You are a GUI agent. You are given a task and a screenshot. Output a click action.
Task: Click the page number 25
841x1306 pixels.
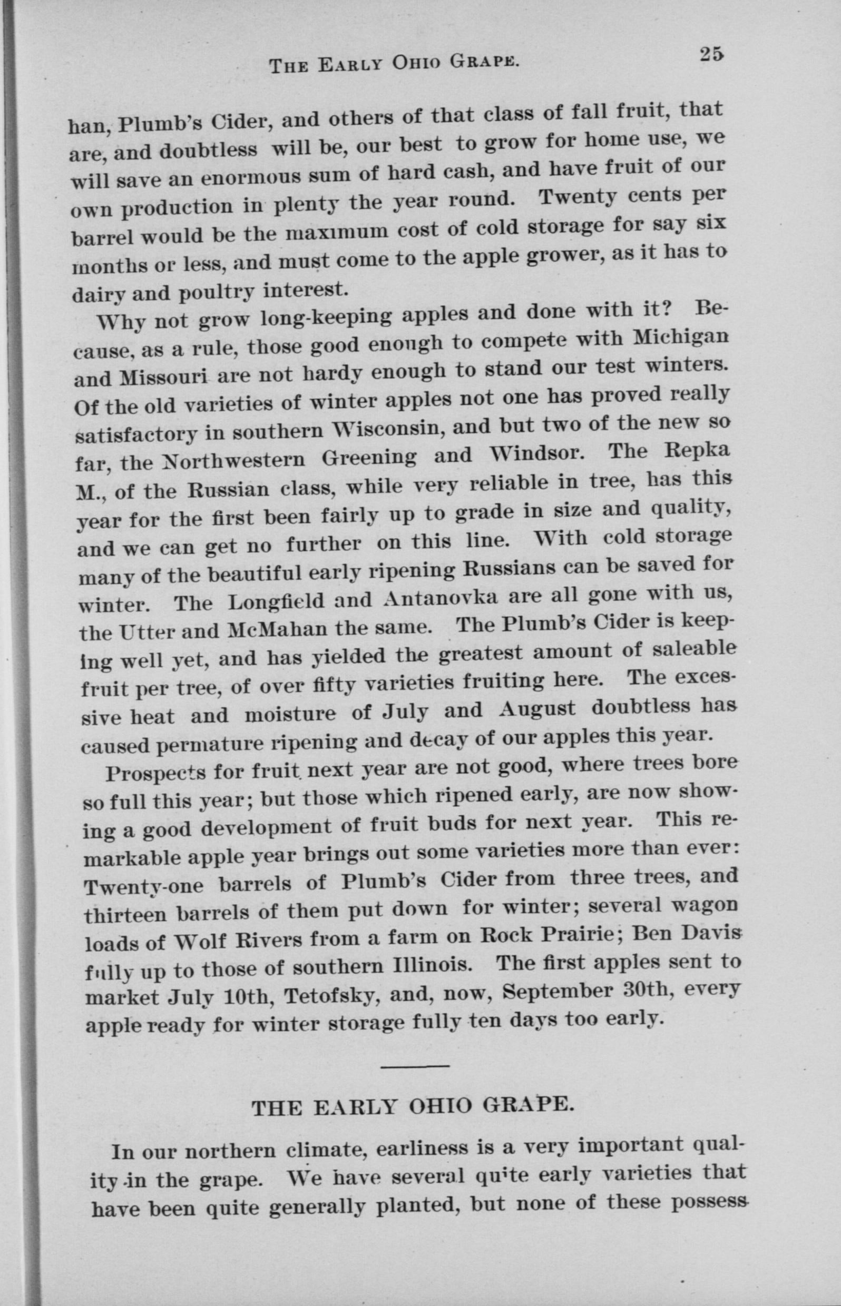pos(710,55)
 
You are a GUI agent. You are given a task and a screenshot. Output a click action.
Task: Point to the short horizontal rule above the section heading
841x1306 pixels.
pos(415,1065)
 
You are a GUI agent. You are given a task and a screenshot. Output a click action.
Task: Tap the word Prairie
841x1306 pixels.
pos(580,935)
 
